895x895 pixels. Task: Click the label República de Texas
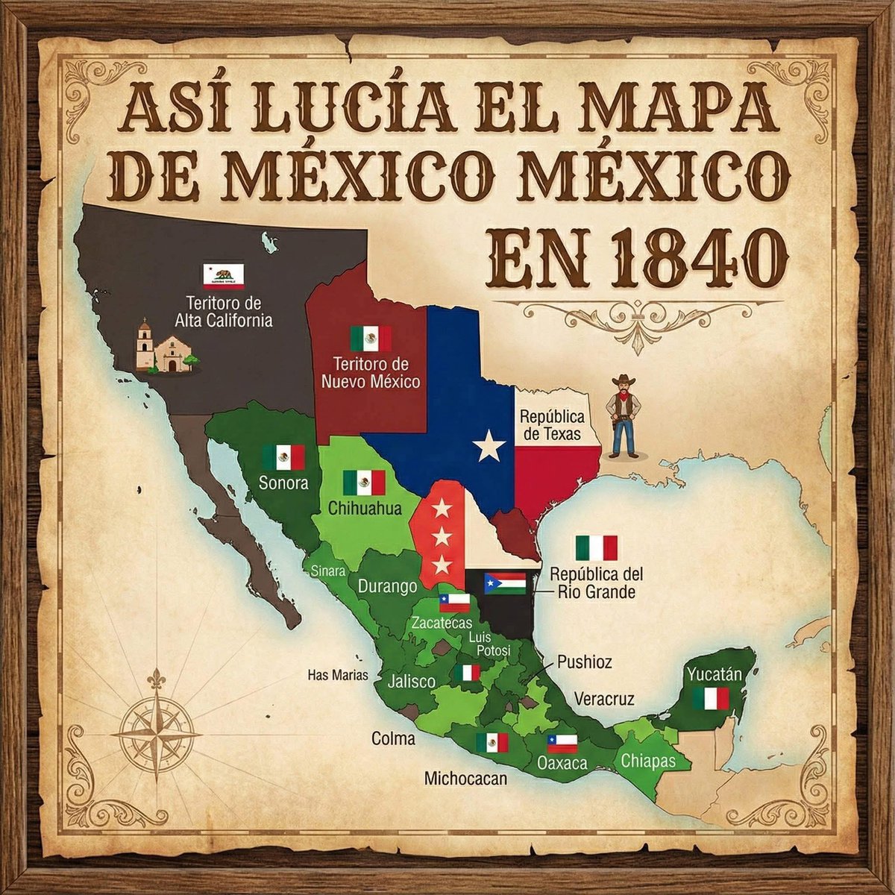tap(552, 425)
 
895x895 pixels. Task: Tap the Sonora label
tap(283, 483)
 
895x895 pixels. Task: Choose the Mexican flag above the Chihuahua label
tap(364, 483)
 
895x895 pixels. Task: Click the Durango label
tap(387, 586)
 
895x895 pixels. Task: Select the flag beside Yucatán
tap(710, 699)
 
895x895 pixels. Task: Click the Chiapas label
tap(647, 761)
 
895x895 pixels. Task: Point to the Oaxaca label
tap(562, 763)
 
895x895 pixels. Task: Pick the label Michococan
tap(465, 779)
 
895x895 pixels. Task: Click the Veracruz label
tap(604, 699)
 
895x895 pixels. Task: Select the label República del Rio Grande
tap(596, 583)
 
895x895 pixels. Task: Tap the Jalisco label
tap(411, 681)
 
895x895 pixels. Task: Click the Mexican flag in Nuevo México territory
tap(371, 339)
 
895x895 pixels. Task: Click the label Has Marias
tap(339, 676)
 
